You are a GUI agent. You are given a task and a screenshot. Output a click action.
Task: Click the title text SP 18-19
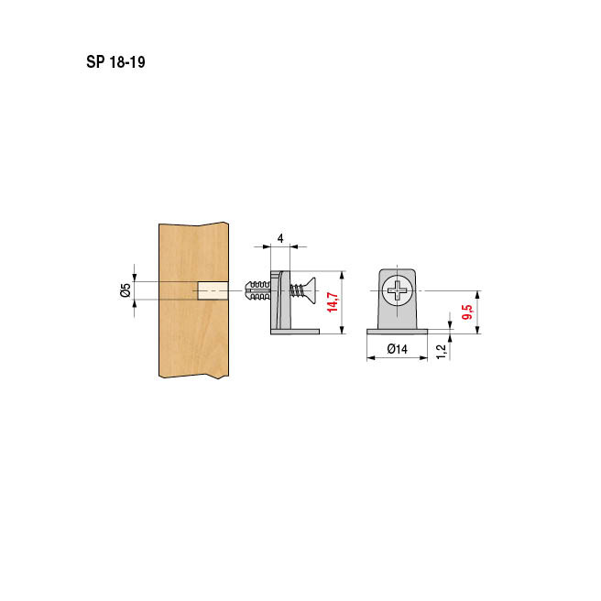[x=115, y=62]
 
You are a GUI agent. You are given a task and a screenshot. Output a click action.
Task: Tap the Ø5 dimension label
[x=126, y=290]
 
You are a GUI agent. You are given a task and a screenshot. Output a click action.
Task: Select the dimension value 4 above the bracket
[x=280, y=238]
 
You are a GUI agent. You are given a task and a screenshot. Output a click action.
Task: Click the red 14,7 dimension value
[x=333, y=301]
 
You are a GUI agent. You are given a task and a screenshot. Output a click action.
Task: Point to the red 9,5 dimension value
[x=467, y=312]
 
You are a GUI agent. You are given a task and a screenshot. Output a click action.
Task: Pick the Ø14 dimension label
[x=397, y=349]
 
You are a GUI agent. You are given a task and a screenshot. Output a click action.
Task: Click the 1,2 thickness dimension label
[x=442, y=352]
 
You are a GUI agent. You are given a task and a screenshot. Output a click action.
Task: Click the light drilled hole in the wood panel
[x=213, y=290]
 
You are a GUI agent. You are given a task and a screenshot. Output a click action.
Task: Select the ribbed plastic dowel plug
[x=257, y=290]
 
